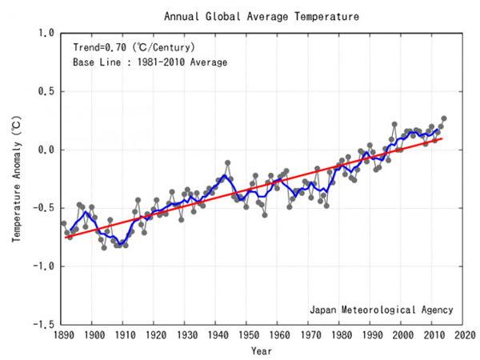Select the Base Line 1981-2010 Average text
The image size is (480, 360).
click(150, 62)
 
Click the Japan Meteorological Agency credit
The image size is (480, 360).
click(381, 310)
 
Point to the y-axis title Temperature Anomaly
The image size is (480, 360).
click(17, 179)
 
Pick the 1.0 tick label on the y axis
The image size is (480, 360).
click(46, 34)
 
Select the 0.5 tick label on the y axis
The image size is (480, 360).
click(46, 92)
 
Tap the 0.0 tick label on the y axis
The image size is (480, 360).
click(46, 150)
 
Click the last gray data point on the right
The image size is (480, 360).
click(444, 118)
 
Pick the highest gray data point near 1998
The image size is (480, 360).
click(394, 125)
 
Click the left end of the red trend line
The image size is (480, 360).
click(66, 238)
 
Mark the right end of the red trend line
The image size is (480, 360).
click(442, 138)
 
